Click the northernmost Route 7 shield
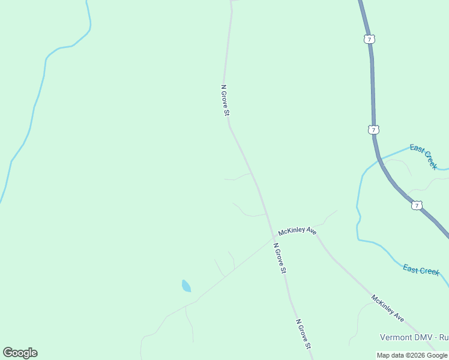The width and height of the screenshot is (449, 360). coord(369,39)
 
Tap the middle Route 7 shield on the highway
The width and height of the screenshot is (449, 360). coord(373,130)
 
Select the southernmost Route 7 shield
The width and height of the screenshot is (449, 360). coord(417,205)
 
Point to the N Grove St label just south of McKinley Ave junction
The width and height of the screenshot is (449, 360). coord(280,258)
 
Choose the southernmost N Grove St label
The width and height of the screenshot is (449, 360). coord(304,334)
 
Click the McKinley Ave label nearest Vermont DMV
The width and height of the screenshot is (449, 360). coord(387,308)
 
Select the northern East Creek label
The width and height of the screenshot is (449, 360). coord(424,156)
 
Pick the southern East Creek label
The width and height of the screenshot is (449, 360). coord(421,270)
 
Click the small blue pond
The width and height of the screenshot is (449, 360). coord(186,286)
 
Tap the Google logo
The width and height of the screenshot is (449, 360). coord(20,353)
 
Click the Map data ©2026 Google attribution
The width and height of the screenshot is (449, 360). coord(412,355)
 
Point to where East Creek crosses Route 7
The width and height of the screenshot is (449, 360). coord(379,158)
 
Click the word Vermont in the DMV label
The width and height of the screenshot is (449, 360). coord(397,338)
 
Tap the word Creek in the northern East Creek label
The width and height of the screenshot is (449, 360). coord(430,160)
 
